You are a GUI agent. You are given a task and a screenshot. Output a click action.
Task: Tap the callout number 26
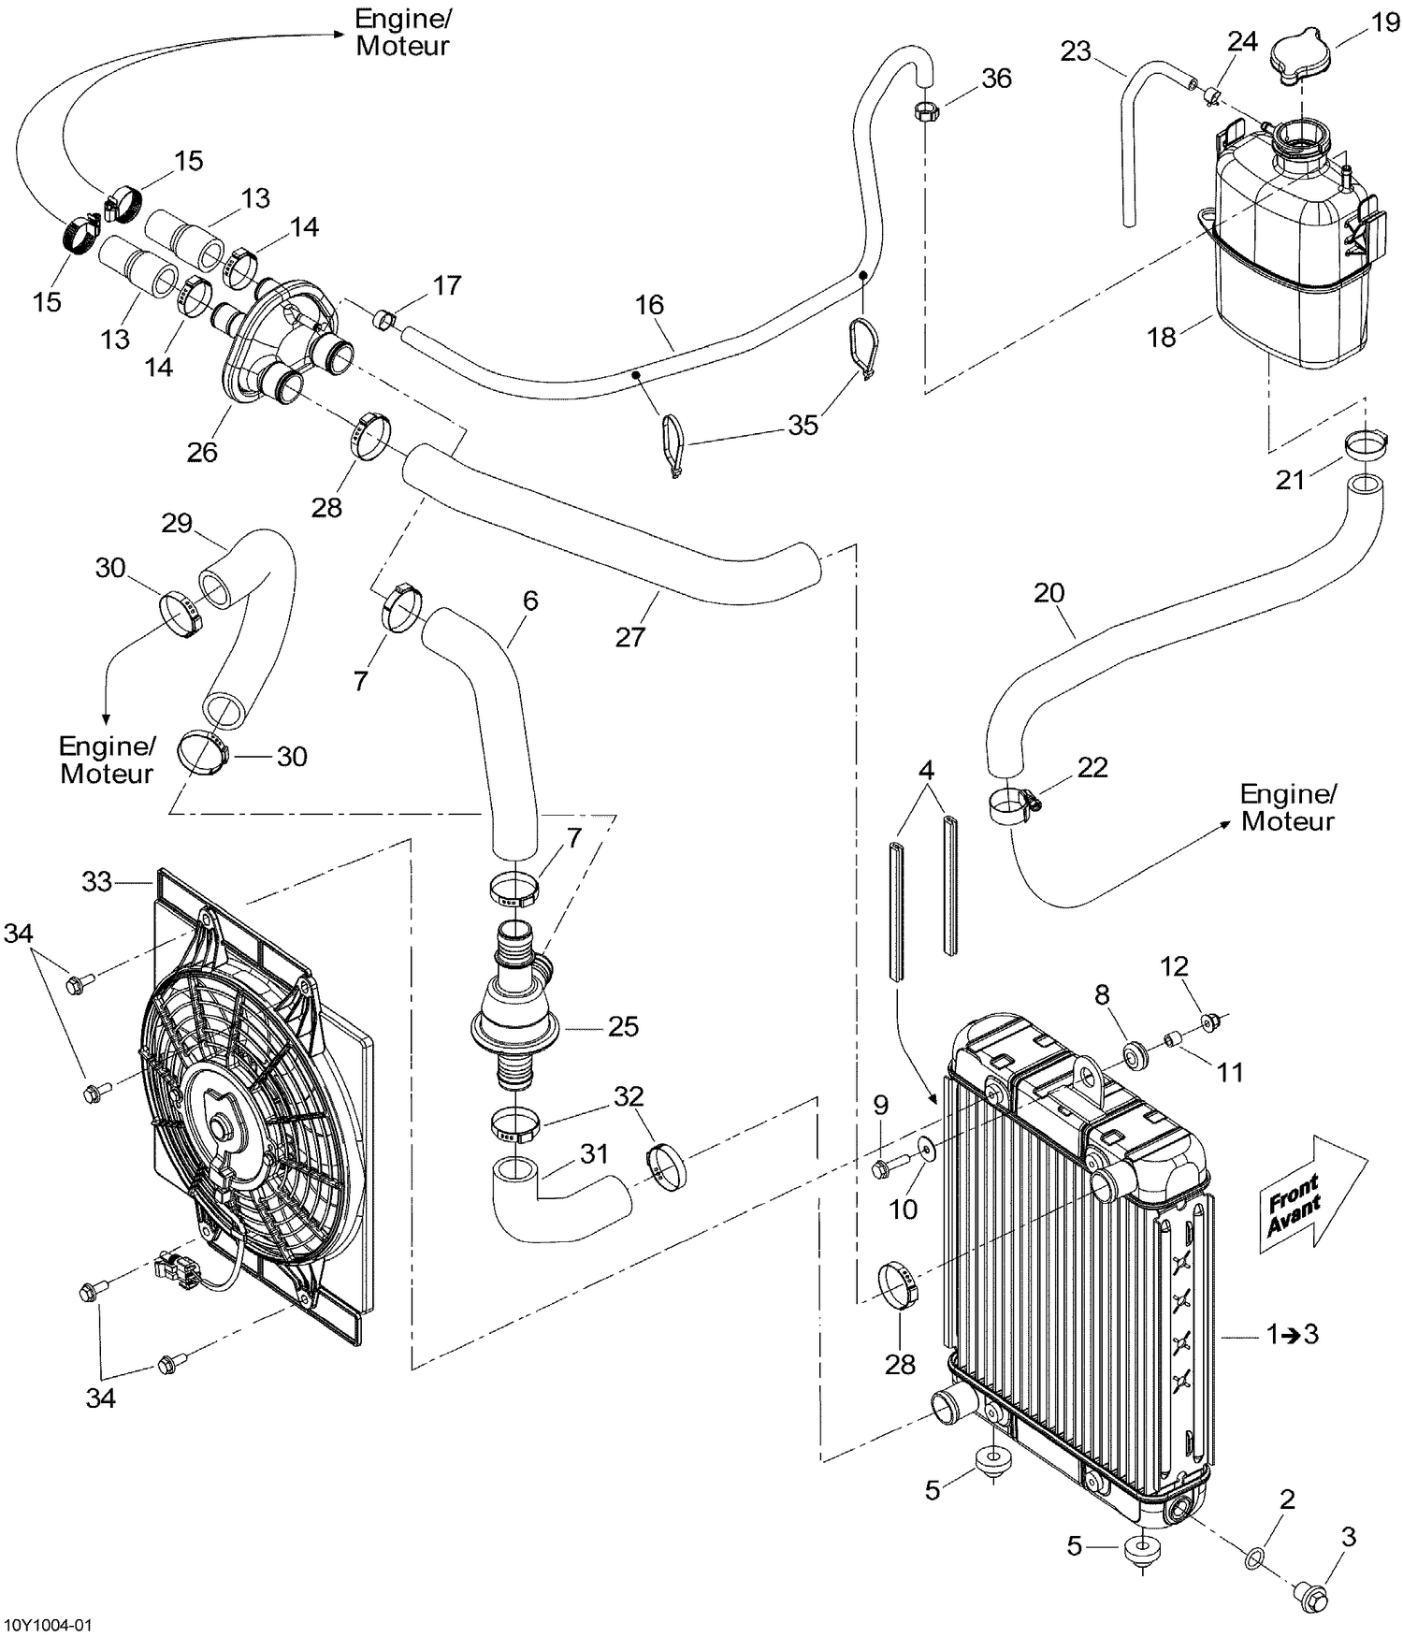pos(202,452)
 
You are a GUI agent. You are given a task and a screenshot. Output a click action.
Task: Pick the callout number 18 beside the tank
pos(1161,337)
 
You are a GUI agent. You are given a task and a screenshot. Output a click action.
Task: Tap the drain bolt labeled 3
pos(1312,1597)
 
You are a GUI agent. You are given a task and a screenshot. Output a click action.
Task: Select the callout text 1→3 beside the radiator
pos(1293,1334)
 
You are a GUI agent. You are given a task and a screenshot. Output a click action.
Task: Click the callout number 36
pos(996,79)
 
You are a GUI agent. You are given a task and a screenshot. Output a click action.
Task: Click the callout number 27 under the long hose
pos(629,637)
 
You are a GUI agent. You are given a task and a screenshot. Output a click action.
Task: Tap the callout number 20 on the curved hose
pos(1049,593)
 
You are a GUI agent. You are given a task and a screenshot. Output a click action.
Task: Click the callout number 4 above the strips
pos(926,771)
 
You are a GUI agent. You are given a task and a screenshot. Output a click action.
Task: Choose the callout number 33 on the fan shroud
pos(96,881)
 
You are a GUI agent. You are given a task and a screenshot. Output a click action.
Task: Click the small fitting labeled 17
pos(383,321)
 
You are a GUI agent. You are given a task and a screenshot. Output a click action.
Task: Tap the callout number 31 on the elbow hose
pos(594,1154)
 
